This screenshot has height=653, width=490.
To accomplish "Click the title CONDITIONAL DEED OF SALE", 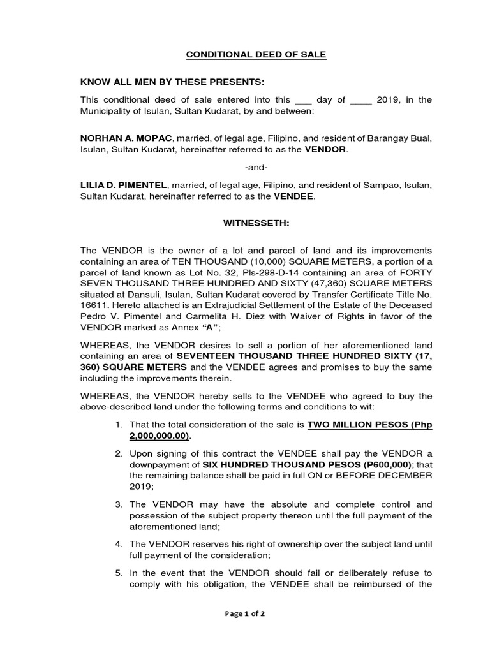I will click(x=256, y=55).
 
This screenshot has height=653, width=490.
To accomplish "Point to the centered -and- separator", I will click(x=256, y=167).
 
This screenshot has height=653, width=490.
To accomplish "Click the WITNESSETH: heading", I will click(x=256, y=224).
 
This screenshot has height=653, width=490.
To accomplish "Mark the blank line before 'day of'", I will click(x=304, y=100).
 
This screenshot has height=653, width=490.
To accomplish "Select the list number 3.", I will click(x=119, y=504).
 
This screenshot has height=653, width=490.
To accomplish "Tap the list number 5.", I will click(x=119, y=573).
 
